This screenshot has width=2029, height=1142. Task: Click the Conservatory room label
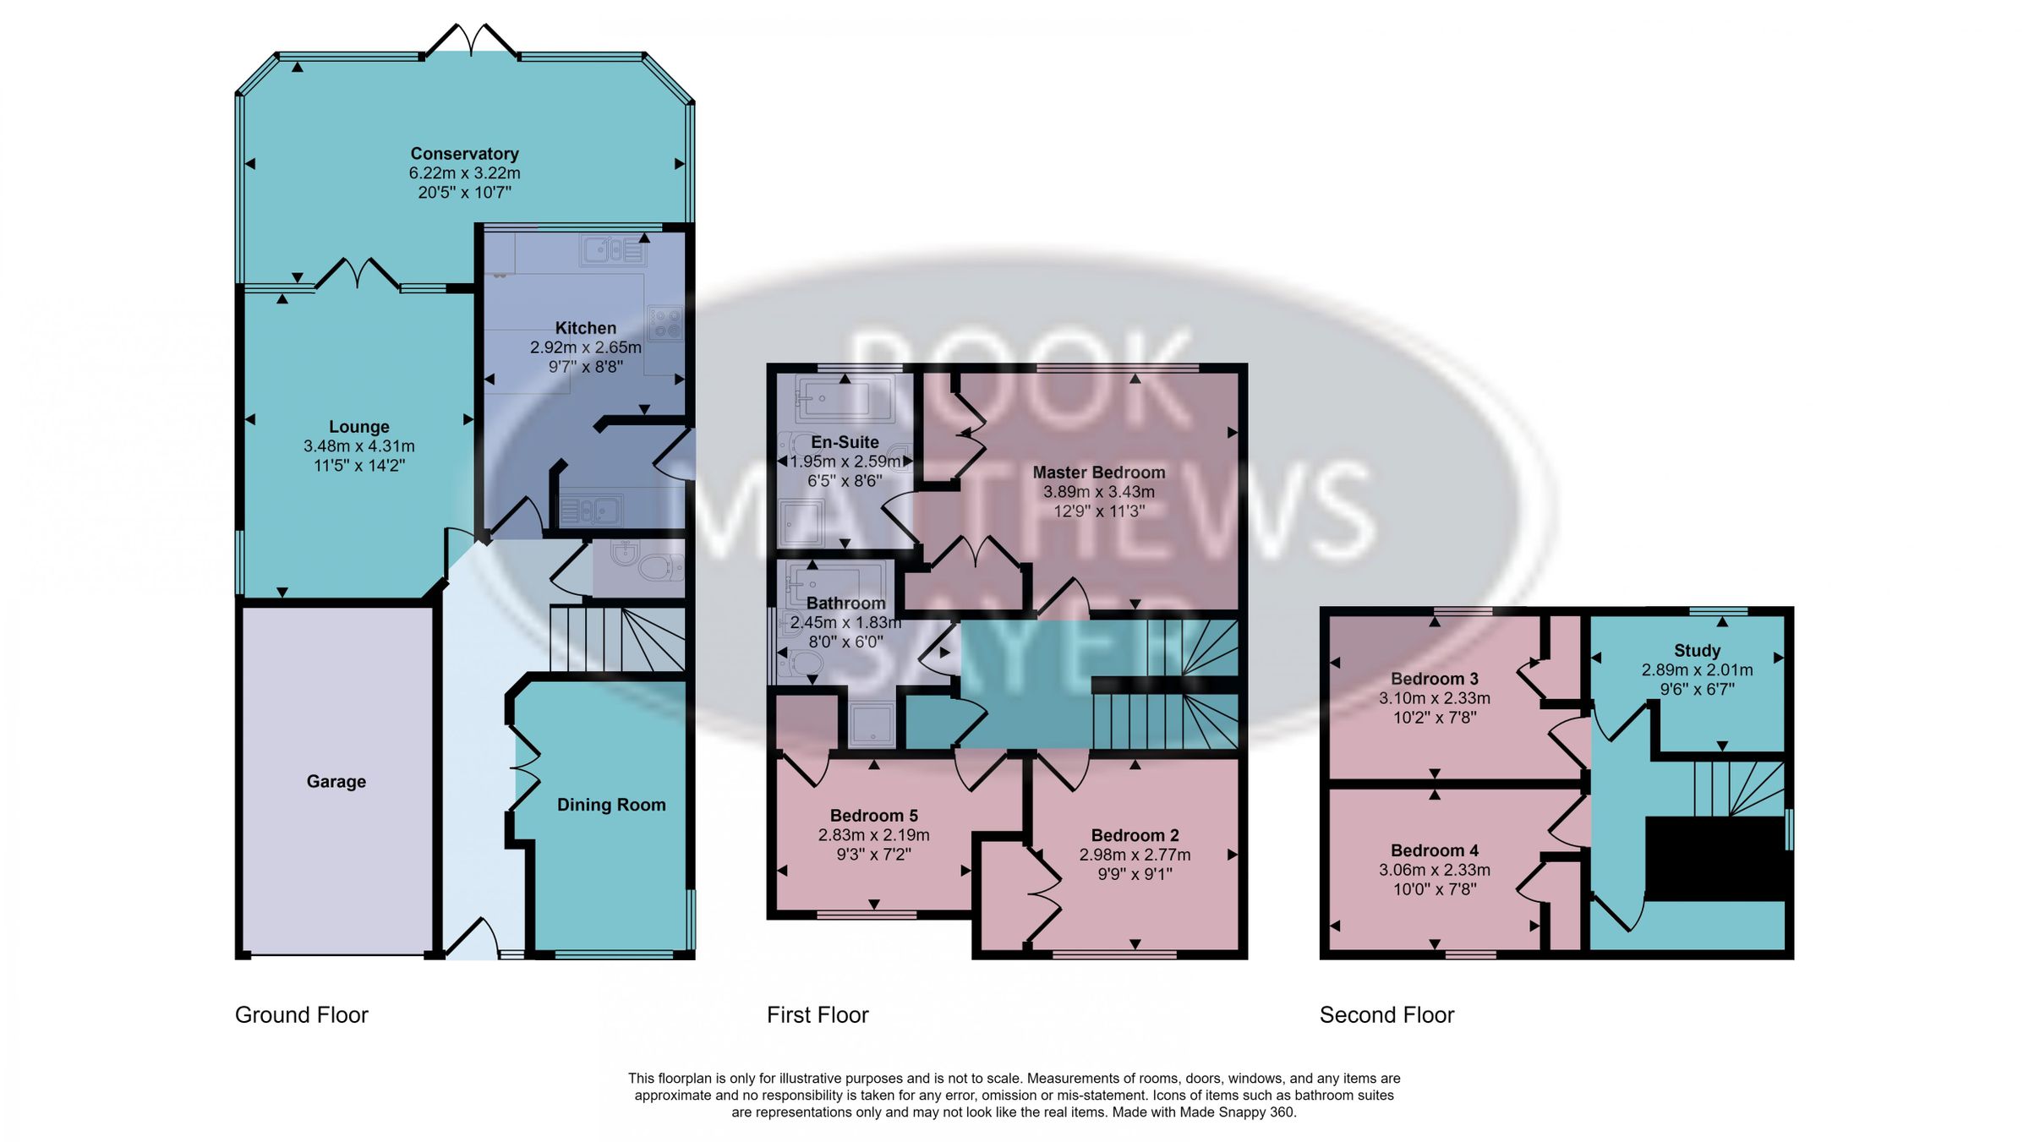coord(464,154)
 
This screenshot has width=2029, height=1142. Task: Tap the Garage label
coord(336,782)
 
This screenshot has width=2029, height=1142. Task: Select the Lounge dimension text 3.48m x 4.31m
coord(358,446)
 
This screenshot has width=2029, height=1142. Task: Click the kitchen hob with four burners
coord(664,323)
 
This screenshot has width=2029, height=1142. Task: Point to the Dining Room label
coord(610,805)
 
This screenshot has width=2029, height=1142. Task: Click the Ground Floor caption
coord(301,1014)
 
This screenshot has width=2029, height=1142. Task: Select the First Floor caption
coord(817,1014)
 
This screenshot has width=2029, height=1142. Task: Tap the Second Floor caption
coord(1386,1014)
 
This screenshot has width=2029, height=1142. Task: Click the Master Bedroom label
coord(1098,473)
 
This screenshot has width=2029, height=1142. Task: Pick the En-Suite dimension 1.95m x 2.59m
coord(845,462)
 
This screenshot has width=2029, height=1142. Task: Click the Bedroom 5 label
coord(873,816)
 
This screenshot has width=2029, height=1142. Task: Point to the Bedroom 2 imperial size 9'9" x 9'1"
coord(1134,874)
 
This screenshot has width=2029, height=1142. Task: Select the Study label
coord(1697,651)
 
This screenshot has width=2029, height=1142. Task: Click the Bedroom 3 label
coord(1434,679)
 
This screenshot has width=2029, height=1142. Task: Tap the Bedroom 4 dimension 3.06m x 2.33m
coord(1434,870)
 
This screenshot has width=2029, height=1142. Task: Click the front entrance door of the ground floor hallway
coord(472,938)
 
